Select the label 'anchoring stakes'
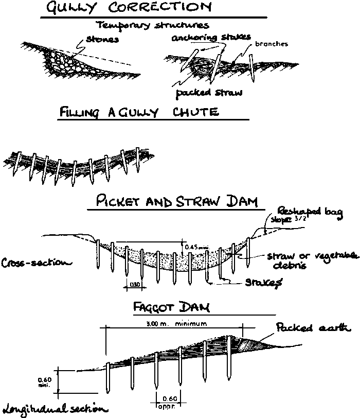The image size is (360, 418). pyautogui.click(x=211, y=37)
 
